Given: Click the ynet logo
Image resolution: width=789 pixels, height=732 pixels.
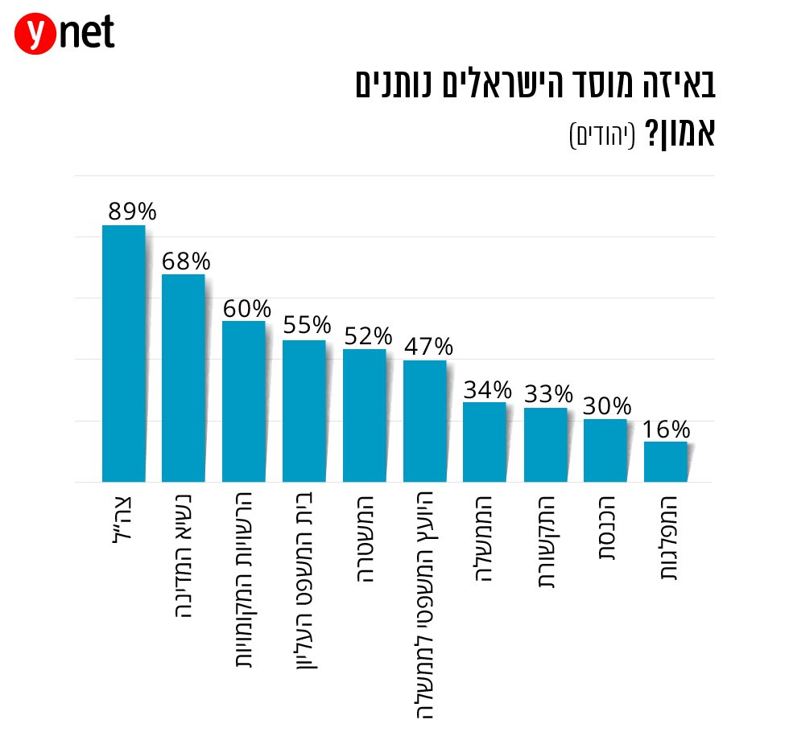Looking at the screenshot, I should pyautogui.click(x=64, y=34).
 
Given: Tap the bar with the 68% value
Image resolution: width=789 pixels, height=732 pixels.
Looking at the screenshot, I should pyautogui.click(x=184, y=377).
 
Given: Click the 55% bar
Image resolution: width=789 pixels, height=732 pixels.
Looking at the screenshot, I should pyautogui.click(x=304, y=410).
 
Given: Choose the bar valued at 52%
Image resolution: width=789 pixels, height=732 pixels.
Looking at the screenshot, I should pyautogui.click(x=364, y=415).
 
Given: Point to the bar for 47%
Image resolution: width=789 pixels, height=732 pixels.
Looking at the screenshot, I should pyautogui.click(x=424, y=421).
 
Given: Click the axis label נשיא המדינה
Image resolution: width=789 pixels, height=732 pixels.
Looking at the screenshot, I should pyautogui.click(x=184, y=555).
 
